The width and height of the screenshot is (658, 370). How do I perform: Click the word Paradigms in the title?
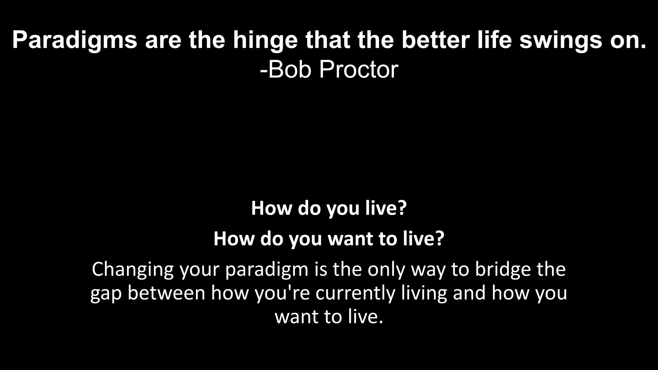75,40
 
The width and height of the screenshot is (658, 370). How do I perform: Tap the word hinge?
265,40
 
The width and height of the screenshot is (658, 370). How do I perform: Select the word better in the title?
437,40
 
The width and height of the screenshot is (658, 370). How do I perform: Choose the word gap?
106,294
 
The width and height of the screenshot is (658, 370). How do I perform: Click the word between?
166,293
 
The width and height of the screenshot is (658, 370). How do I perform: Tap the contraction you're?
282,293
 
